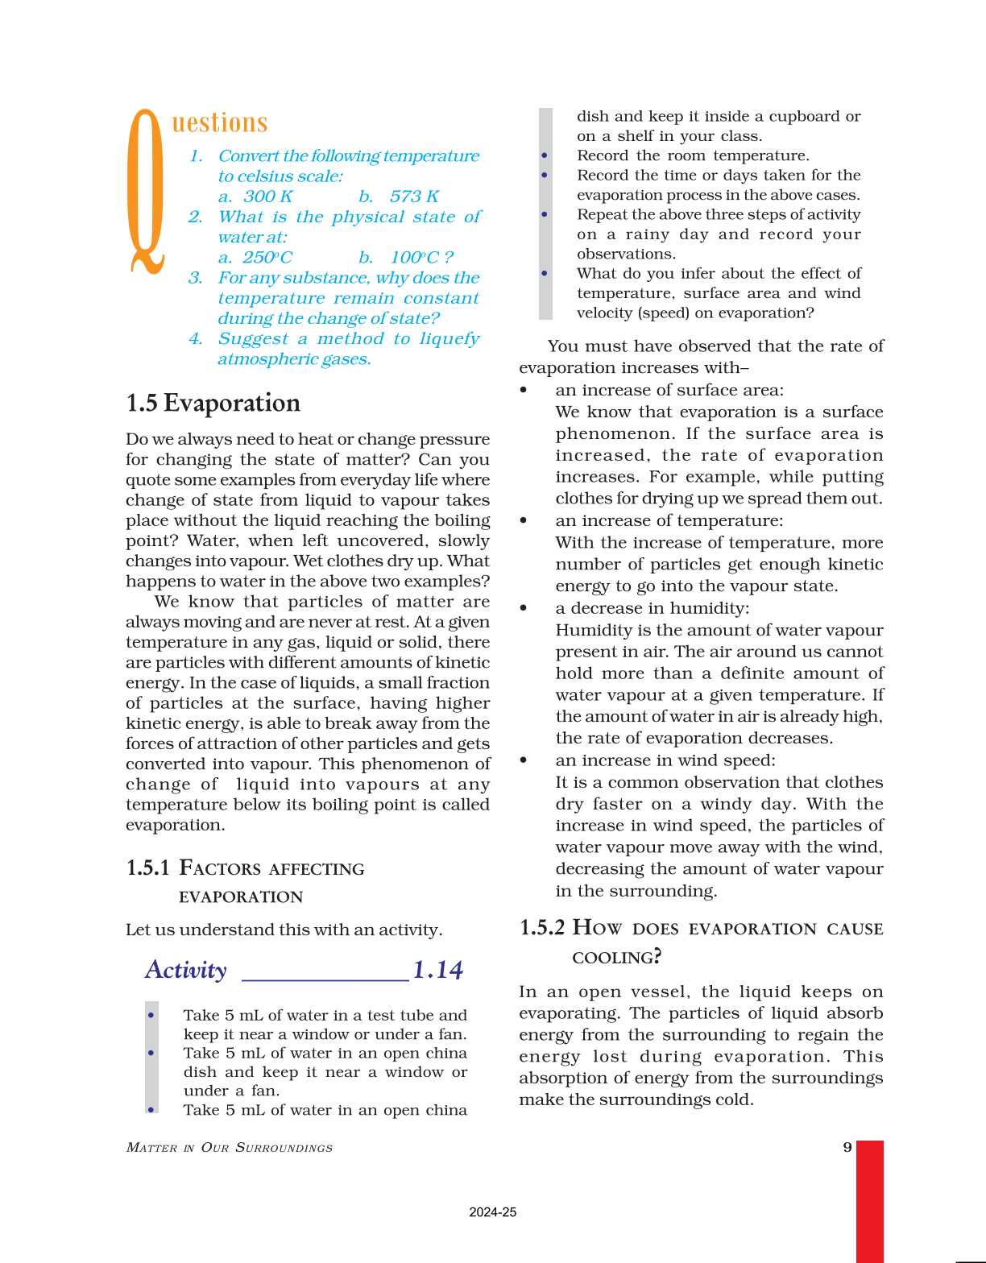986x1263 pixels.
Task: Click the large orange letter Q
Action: click(147, 192)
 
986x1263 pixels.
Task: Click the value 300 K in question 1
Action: click(267, 197)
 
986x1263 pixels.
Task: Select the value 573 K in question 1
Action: click(414, 197)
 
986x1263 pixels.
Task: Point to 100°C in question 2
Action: click(414, 258)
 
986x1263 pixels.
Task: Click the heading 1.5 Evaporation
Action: click(213, 404)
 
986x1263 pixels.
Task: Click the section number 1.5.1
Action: click(148, 868)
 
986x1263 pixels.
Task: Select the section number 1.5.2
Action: click(542, 928)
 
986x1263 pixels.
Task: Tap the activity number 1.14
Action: click(437, 970)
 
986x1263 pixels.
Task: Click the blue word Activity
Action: click(186, 970)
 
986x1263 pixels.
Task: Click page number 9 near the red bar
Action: click(847, 1147)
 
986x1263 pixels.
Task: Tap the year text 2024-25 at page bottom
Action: click(492, 1212)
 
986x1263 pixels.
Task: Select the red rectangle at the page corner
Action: click(869, 1200)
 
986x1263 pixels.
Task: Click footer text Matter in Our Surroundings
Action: click(230, 1148)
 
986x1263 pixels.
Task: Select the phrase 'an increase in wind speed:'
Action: click(665, 760)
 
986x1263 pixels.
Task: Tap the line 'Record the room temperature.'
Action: click(693, 155)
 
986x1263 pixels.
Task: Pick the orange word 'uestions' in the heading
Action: click(219, 123)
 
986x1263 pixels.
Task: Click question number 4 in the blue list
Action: click(196, 339)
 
